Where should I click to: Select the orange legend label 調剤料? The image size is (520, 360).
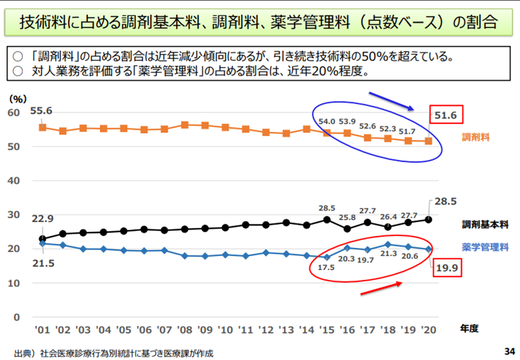click(476, 137)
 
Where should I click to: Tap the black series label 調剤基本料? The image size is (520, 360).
click(485, 224)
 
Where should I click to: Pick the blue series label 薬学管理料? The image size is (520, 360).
click(485, 247)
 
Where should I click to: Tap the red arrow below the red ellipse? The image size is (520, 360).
click(382, 287)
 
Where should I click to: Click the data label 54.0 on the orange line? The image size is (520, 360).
click(327, 121)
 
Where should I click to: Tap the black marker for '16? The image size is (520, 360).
click(347, 229)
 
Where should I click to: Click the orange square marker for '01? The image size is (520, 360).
click(42, 127)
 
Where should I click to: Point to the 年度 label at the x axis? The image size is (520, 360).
click(470, 329)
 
